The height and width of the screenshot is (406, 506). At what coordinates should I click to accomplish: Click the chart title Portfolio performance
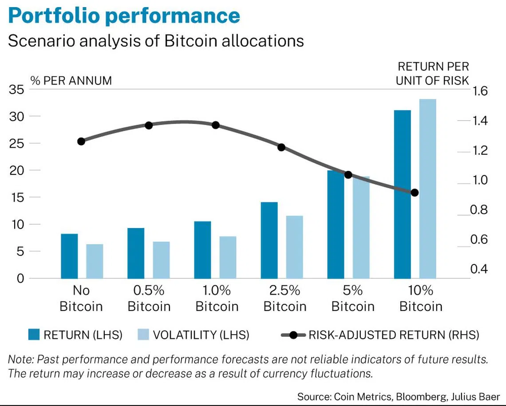tap(124, 16)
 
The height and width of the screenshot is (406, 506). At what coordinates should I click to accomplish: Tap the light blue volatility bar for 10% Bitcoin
tap(427, 189)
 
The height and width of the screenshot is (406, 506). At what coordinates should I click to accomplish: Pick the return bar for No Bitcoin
tap(69, 256)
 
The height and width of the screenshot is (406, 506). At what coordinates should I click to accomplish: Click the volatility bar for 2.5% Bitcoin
tap(294, 247)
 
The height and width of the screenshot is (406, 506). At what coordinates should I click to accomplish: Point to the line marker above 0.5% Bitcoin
tap(149, 125)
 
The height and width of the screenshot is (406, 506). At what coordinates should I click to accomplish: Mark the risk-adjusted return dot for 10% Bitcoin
tap(415, 193)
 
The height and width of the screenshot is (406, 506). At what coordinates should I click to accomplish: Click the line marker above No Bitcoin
tap(81, 142)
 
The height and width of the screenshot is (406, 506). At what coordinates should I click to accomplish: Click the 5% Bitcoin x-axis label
tap(353, 299)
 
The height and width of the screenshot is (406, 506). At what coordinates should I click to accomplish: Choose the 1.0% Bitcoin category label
tap(217, 299)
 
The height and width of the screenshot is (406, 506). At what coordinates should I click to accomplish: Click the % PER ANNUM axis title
tap(71, 80)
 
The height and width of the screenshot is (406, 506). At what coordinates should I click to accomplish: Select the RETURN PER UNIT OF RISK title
tap(433, 74)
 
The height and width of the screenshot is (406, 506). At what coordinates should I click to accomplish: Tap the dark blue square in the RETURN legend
tap(33, 335)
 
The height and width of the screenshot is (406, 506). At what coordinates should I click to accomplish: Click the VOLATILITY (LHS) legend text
tap(201, 335)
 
